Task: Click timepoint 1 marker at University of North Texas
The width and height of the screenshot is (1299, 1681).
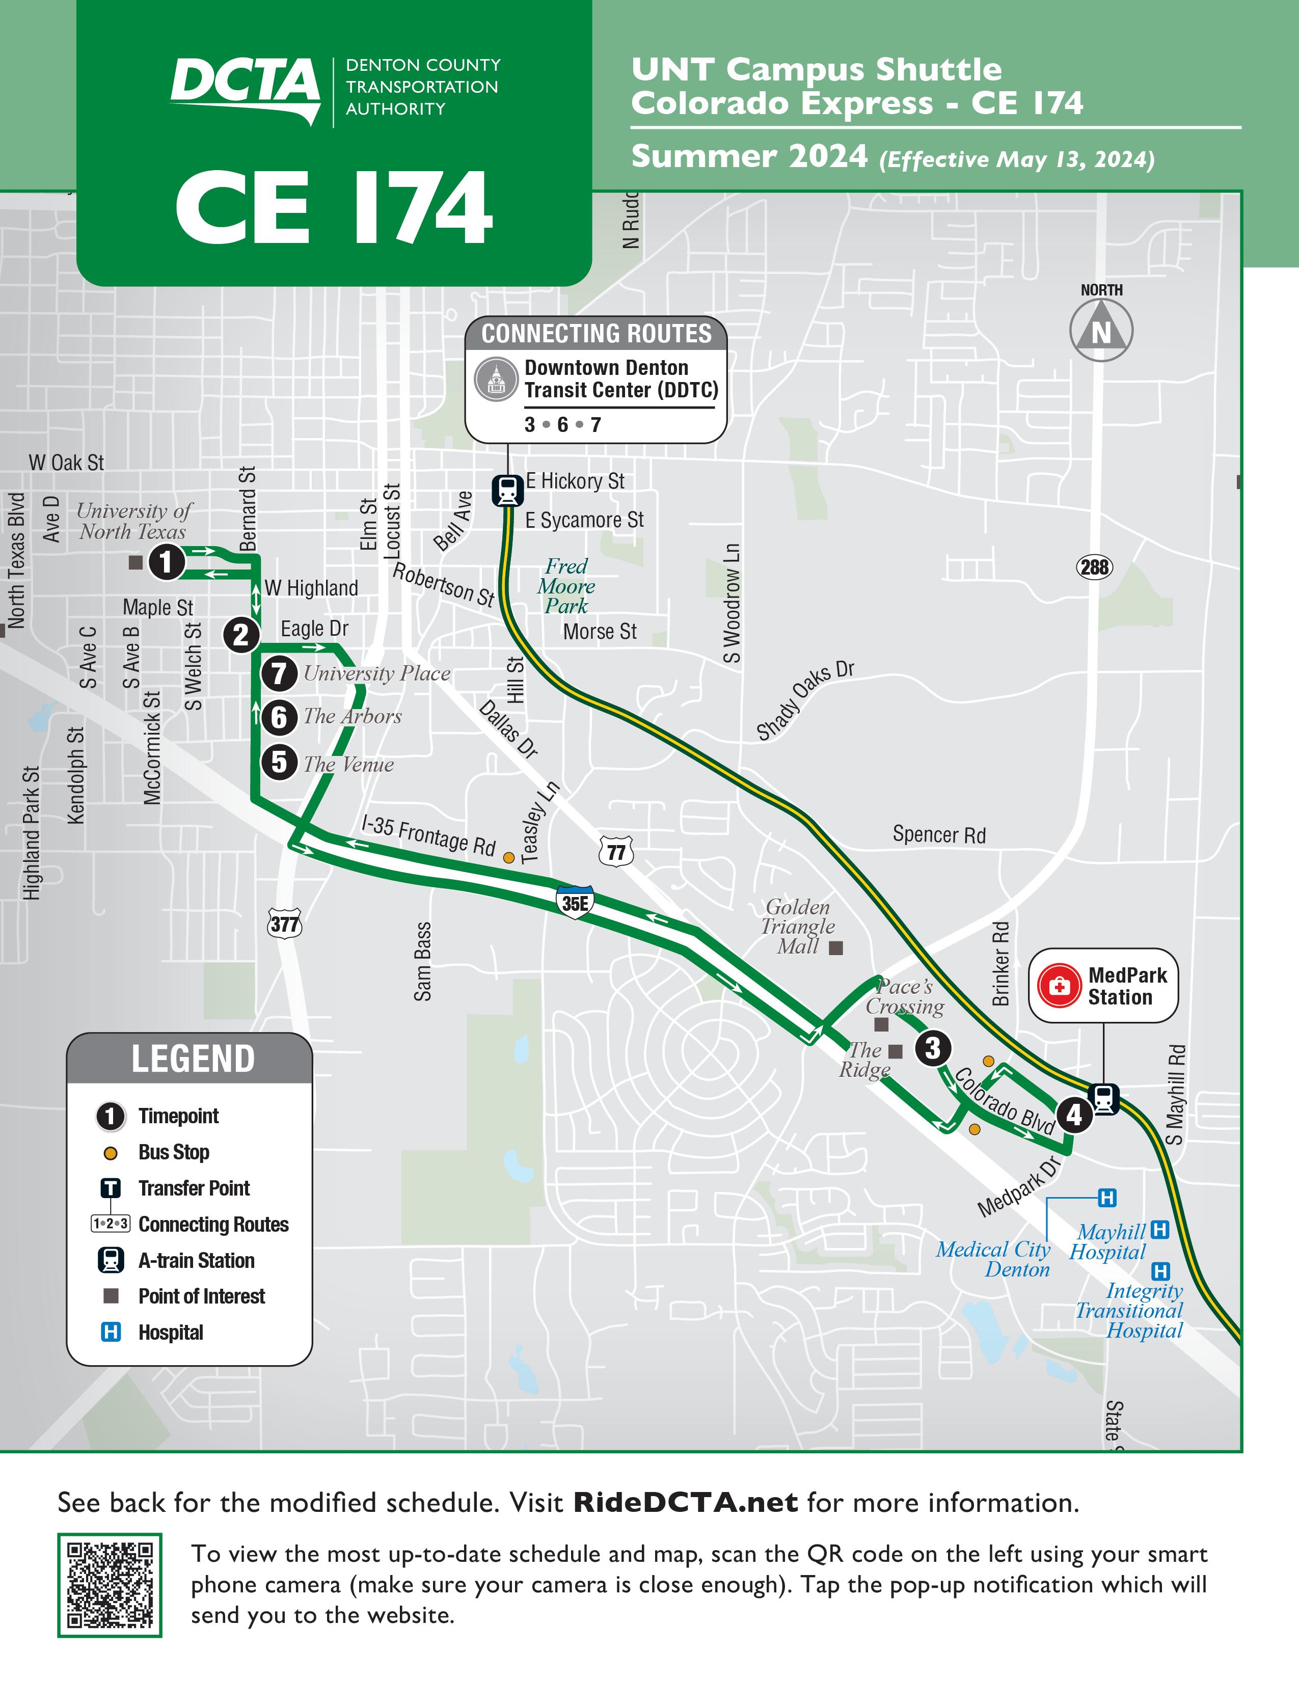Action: point(166,562)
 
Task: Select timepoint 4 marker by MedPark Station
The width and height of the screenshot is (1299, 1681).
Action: point(1074,1115)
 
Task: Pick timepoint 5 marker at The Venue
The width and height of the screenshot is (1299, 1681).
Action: point(279,763)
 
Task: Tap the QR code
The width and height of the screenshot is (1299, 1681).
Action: point(110,1585)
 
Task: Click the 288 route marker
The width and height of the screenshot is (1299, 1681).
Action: point(1094,568)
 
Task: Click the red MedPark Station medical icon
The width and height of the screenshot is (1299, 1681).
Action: point(1060,986)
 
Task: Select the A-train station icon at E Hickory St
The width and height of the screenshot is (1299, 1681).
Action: point(507,490)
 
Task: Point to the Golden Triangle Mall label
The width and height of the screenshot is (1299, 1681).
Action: point(798,927)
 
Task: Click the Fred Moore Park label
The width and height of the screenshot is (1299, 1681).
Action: point(566,586)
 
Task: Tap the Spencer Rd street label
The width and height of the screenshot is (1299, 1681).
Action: point(939,835)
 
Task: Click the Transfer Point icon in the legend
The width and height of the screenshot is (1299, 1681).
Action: point(111,1188)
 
